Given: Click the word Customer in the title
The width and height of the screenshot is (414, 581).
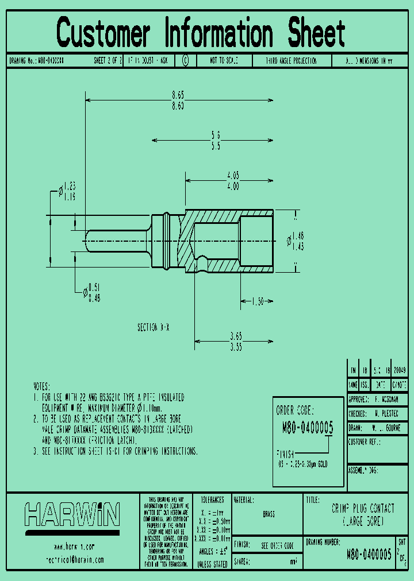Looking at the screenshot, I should (103, 33).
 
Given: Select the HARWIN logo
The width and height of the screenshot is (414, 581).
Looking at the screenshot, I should (72, 514).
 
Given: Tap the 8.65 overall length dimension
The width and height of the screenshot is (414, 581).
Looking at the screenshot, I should (178, 96).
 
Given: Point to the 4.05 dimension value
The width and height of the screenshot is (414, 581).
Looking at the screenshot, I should (232, 175).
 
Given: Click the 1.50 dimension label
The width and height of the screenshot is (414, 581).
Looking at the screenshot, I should (257, 301).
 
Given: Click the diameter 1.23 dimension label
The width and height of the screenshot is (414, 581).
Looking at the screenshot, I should (69, 185).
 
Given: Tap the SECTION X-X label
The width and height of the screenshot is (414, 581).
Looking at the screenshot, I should (154, 327).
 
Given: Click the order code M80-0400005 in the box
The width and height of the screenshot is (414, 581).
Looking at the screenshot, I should (307, 427).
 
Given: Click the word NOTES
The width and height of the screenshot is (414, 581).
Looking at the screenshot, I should (41, 386).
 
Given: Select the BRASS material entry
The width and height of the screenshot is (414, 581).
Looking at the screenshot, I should (269, 514).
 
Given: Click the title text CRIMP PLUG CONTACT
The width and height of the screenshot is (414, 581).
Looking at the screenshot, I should (362, 508).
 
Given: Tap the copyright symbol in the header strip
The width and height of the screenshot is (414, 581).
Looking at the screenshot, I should (185, 60).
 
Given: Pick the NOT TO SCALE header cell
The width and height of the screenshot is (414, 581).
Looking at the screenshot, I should (224, 60).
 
